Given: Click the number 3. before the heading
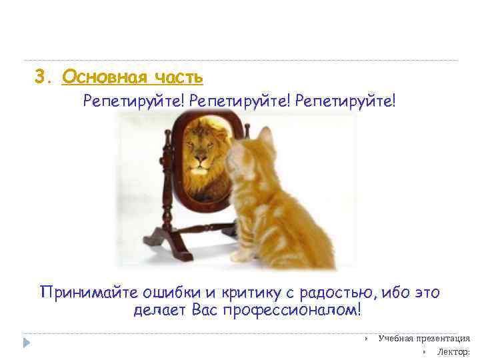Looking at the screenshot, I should click(x=42, y=78).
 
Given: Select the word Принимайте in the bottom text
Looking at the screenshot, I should click(x=82, y=293).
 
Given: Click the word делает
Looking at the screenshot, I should click(x=161, y=310).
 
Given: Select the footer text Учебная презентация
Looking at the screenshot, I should click(x=424, y=338).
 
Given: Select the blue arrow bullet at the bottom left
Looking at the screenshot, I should click(x=27, y=343).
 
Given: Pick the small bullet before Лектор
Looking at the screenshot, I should click(x=424, y=351).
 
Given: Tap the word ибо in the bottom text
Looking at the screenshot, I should click(x=385, y=293).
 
